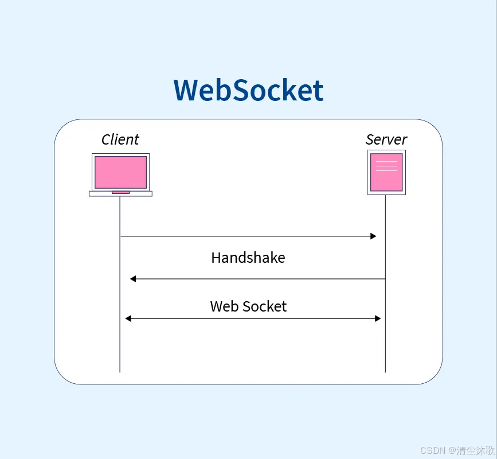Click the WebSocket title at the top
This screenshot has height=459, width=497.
pyautogui.click(x=248, y=91)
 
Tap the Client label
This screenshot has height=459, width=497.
pyautogui.click(x=120, y=139)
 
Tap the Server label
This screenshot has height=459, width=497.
pyautogui.click(x=386, y=139)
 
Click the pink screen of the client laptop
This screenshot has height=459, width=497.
pyautogui.click(x=120, y=172)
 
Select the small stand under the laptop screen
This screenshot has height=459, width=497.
pyautogui.click(x=120, y=192)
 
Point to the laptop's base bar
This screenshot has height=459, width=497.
pyautogui.click(x=120, y=195)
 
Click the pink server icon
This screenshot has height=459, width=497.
pyautogui.click(x=386, y=172)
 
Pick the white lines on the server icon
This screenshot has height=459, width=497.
pyautogui.click(x=386, y=166)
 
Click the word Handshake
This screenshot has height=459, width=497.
pyautogui.click(x=248, y=258)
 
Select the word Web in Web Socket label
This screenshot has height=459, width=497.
pyautogui.click(x=224, y=306)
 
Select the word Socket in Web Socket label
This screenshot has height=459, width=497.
pyautogui.click(x=264, y=306)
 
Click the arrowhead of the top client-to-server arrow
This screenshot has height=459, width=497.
pyautogui.click(x=373, y=236)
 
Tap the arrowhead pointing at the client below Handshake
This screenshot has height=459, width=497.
pyautogui.click(x=133, y=279)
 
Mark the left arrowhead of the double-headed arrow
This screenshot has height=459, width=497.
pyautogui.click(x=128, y=318)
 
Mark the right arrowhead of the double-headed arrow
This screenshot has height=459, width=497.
pyautogui.click(x=378, y=318)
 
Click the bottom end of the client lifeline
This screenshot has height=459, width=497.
pyautogui.click(x=120, y=371)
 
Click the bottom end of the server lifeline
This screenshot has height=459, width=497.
pyautogui.click(x=385, y=371)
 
